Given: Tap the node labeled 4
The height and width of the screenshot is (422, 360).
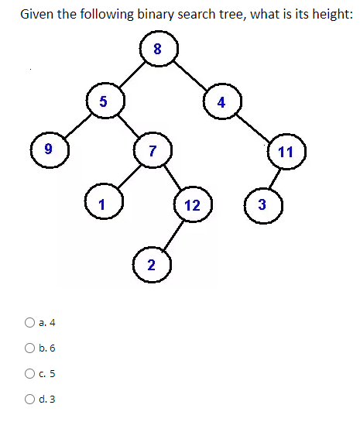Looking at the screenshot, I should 222,102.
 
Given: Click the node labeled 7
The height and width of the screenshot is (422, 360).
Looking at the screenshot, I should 152,149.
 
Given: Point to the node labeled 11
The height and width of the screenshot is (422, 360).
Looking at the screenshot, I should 286,151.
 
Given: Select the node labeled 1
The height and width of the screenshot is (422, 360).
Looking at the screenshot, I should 101,204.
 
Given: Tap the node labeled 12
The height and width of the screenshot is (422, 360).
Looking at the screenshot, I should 193,205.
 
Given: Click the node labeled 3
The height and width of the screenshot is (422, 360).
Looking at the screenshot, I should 262,205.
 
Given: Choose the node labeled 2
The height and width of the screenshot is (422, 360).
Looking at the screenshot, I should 151,265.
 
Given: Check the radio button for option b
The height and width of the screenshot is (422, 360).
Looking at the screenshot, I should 29,348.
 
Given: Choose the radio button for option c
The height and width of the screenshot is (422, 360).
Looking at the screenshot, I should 29,374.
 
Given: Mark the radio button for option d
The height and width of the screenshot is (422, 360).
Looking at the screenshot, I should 29,400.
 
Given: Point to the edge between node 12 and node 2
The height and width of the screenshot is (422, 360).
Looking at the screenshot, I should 173,236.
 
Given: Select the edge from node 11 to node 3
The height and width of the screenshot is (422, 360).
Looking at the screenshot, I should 274,178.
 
